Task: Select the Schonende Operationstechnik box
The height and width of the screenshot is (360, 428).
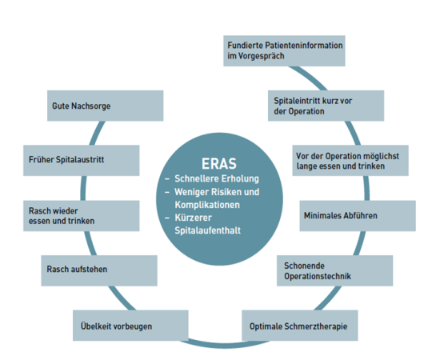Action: pos(334,270)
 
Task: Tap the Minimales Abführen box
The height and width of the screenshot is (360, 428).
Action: pos(358,216)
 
